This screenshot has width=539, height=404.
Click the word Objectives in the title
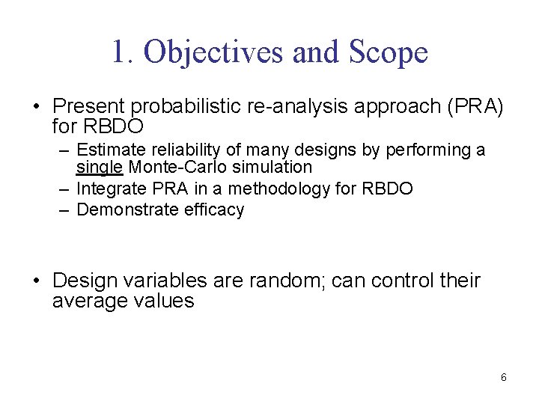click(x=210, y=52)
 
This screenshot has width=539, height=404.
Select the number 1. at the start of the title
click(x=124, y=52)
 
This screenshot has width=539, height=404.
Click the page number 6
click(x=503, y=377)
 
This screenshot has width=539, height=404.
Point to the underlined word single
click(x=101, y=166)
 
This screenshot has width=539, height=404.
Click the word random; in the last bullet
click(x=285, y=281)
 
